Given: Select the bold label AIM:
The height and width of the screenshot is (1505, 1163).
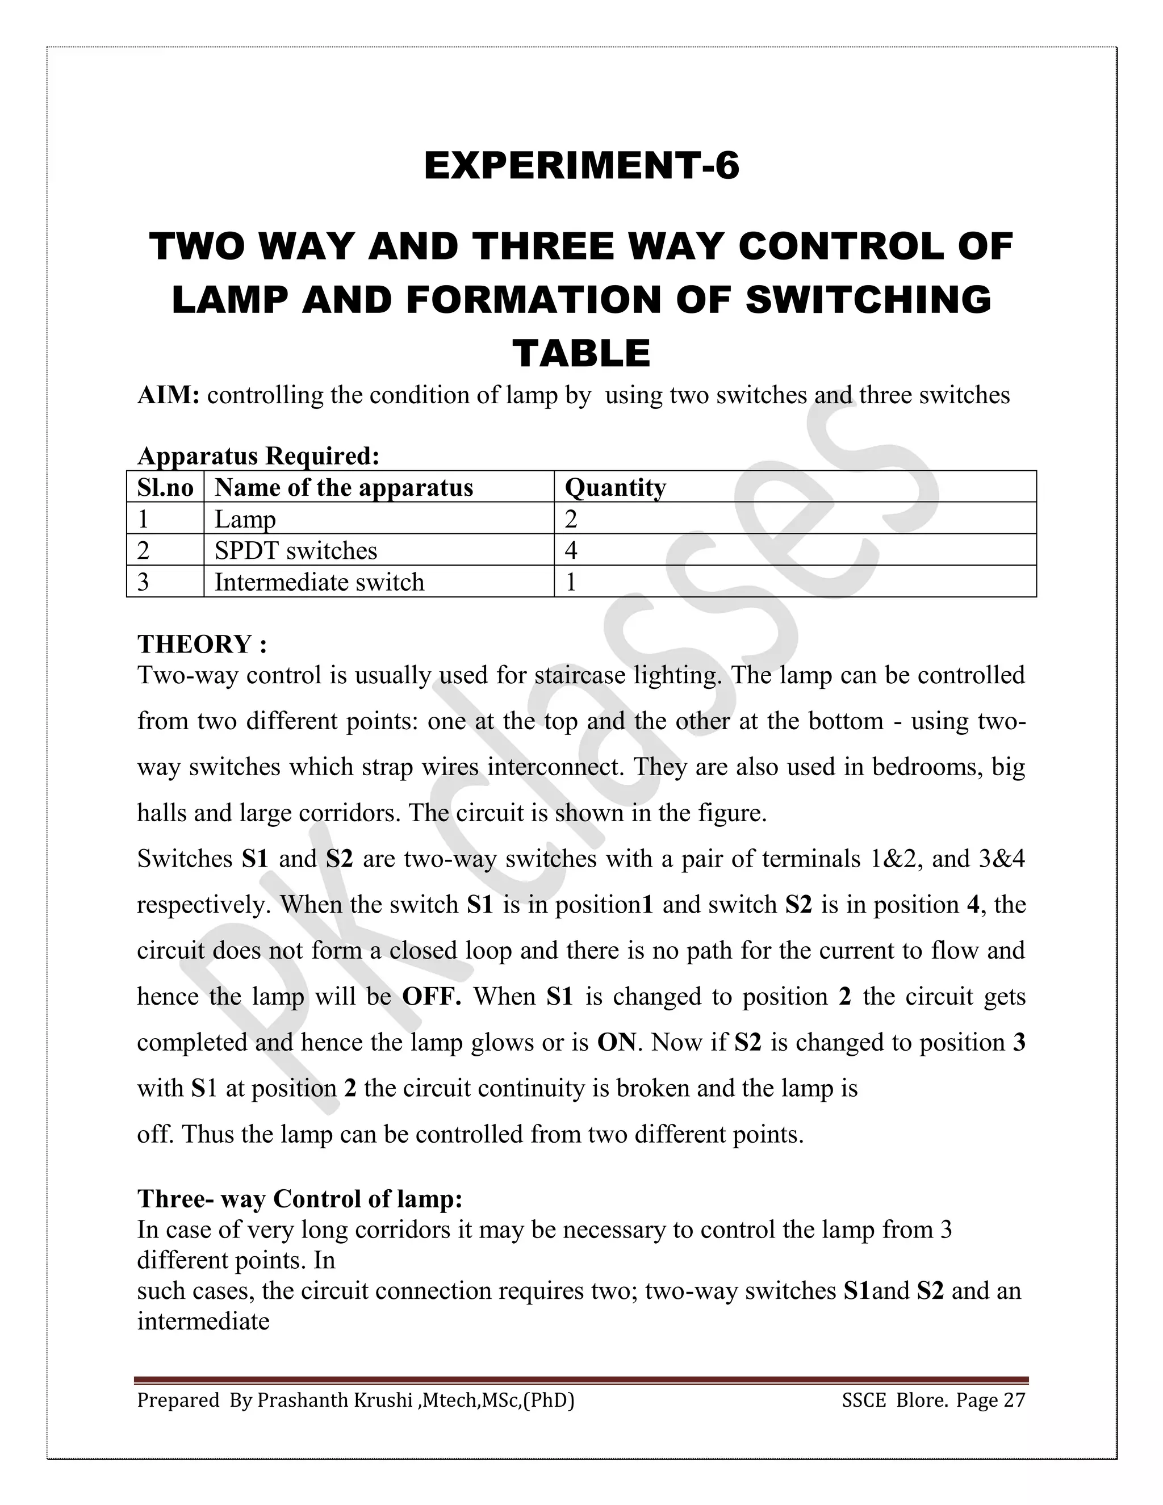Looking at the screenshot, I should tap(168, 395).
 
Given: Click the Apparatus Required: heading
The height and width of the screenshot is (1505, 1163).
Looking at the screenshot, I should tap(258, 455).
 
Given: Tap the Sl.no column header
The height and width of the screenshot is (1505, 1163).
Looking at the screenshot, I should tap(165, 487).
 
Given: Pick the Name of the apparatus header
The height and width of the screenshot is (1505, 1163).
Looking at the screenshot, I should tap(344, 487).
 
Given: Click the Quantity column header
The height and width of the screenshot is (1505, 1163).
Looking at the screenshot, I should tap(614, 487).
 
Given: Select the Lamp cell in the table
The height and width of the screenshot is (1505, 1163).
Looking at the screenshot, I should tap(245, 519).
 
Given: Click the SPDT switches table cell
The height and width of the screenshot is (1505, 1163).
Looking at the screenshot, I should tap(295, 550).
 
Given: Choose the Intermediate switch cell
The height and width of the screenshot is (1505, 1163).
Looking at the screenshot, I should tap(319, 582).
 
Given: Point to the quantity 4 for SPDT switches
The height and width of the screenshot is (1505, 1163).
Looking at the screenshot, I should tap(571, 550).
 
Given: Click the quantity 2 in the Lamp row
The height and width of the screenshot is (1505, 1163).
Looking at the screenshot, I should tap(571, 519).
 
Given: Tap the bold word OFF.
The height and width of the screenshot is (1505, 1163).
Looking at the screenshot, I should tap(432, 997).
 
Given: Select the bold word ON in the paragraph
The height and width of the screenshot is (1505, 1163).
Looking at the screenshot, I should tap(616, 1042).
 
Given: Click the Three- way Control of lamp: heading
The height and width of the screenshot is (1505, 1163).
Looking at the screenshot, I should tap(300, 1198).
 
